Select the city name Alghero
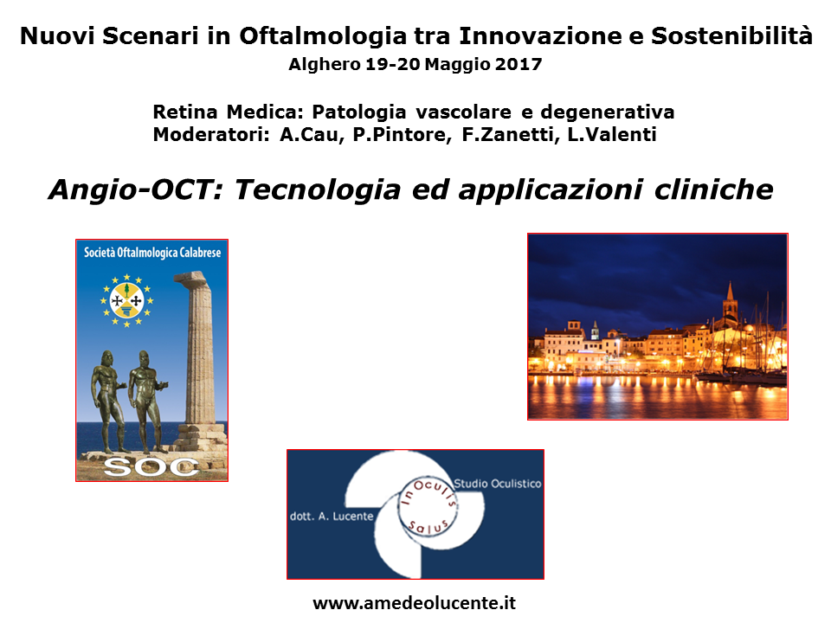[325, 65]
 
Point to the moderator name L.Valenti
[612, 135]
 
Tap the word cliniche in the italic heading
[714, 189]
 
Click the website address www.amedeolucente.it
[414, 603]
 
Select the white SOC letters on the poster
[151, 466]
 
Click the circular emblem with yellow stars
[126, 300]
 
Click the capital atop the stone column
[191, 278]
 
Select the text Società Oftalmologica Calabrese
[152, 252]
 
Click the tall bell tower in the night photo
[730, 302]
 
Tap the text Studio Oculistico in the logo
[498, 484]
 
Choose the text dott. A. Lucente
[332, 516]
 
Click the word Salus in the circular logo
[428, 527]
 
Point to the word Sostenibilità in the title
[731, 36]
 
